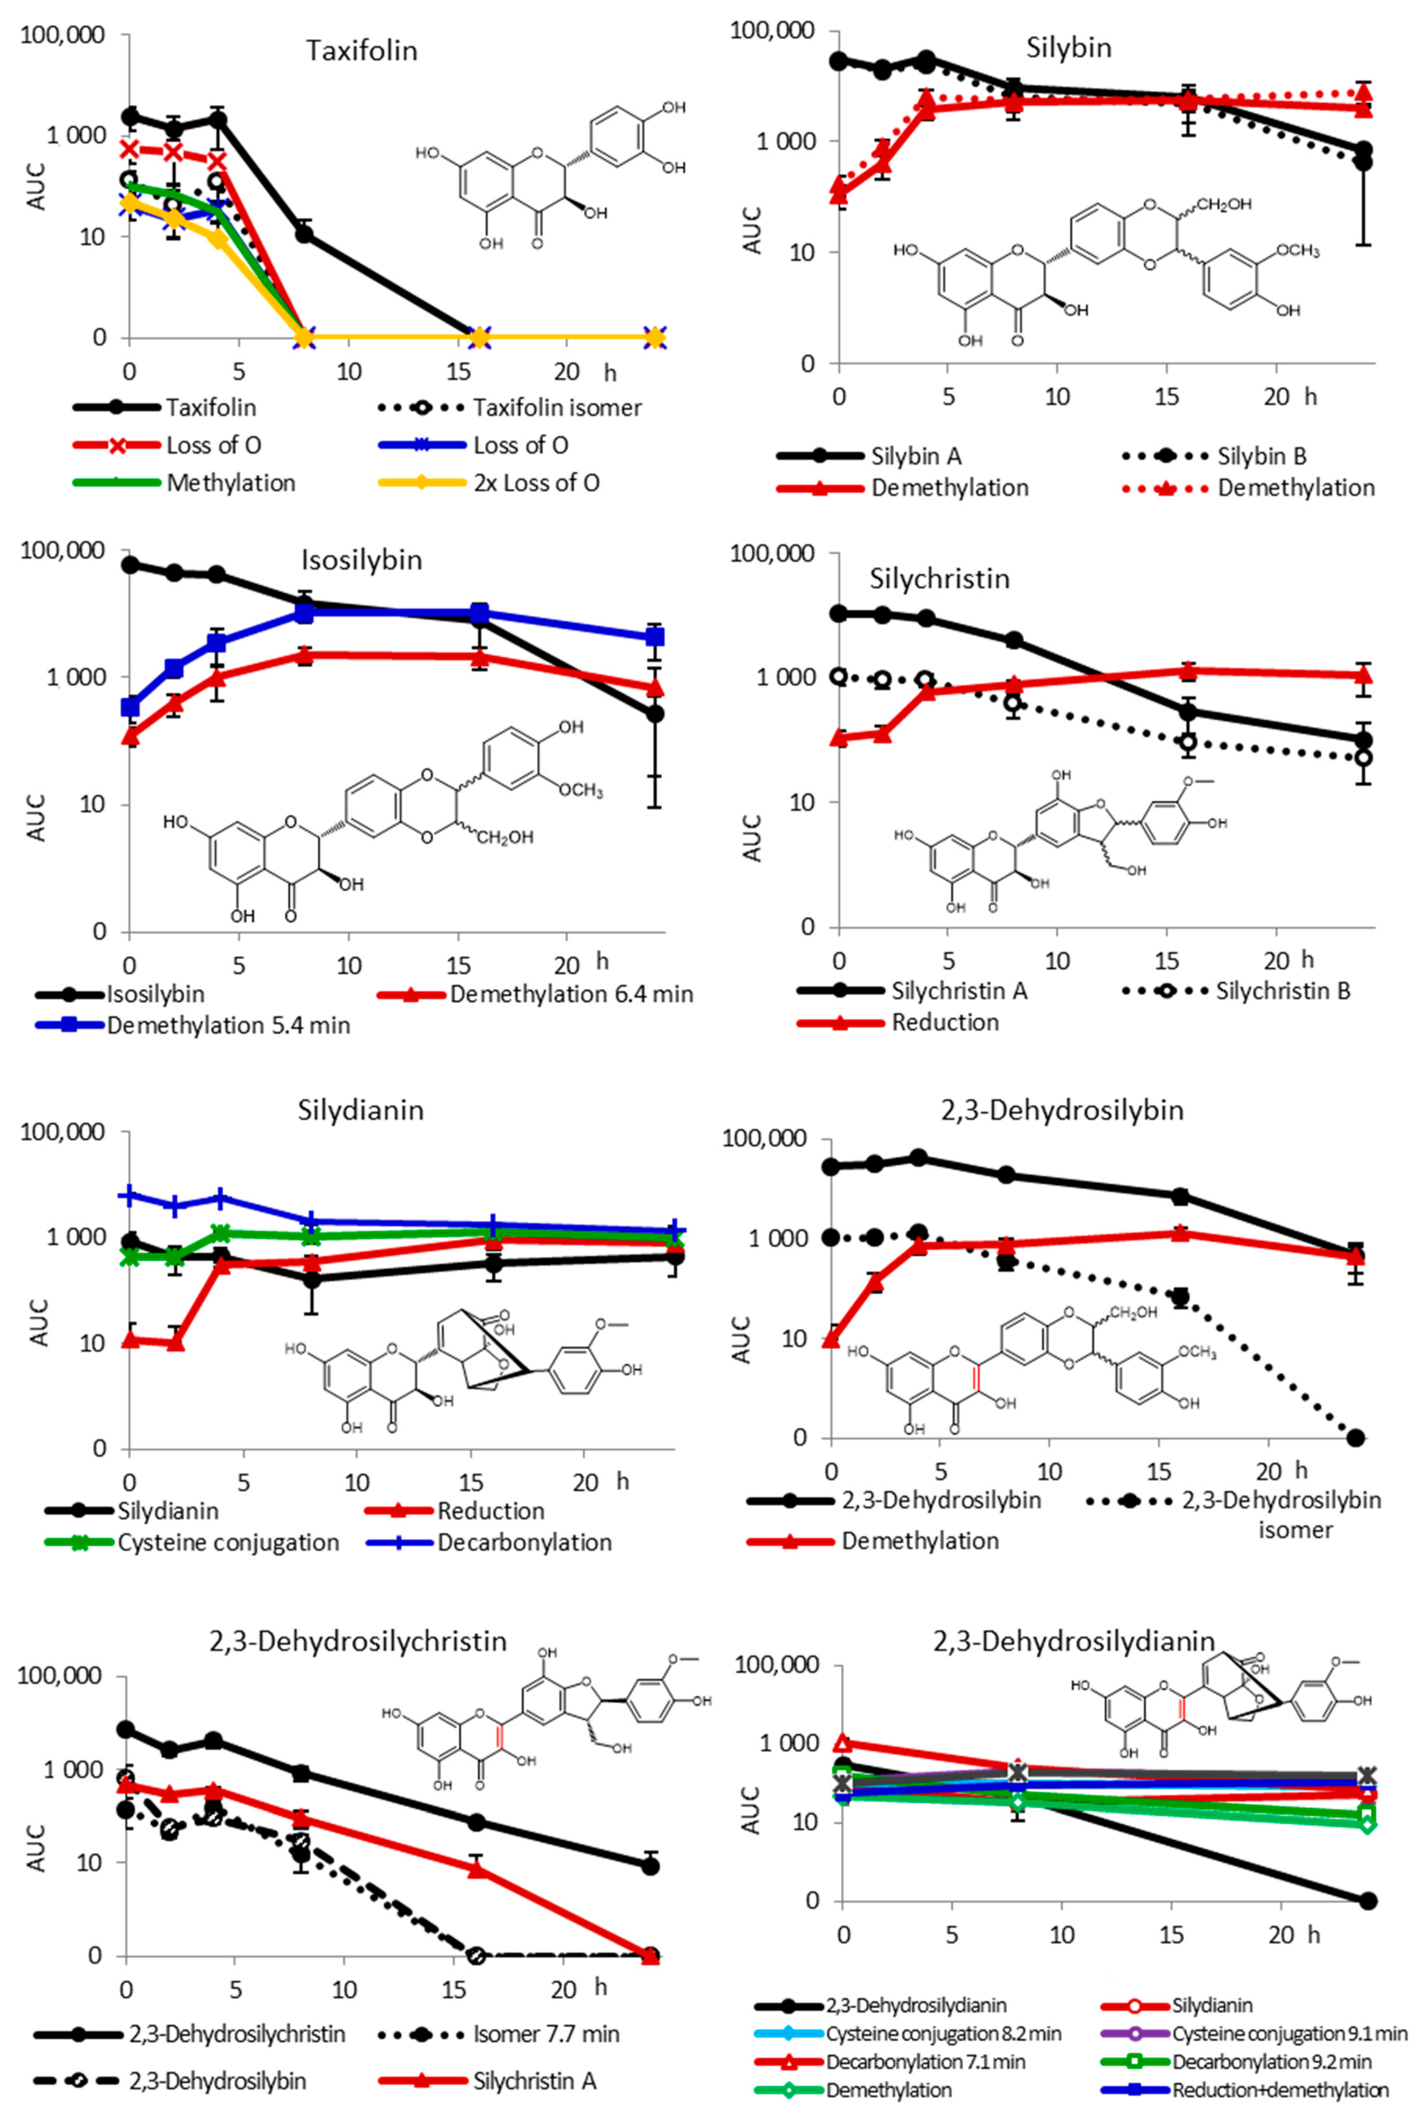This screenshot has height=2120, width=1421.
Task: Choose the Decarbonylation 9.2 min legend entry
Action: [1271, 2062]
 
